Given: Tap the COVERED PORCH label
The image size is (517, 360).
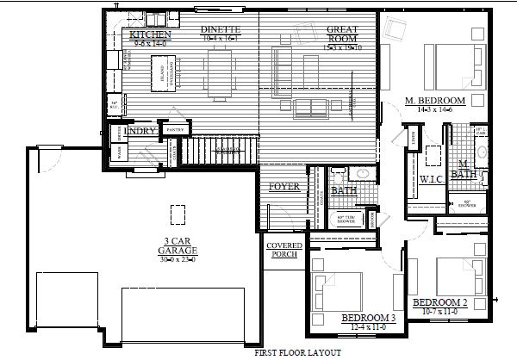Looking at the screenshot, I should click(283, 250).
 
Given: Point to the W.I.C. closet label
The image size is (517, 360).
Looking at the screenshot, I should click(431, 179).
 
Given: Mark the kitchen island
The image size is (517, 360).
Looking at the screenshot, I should click(165, 71).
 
